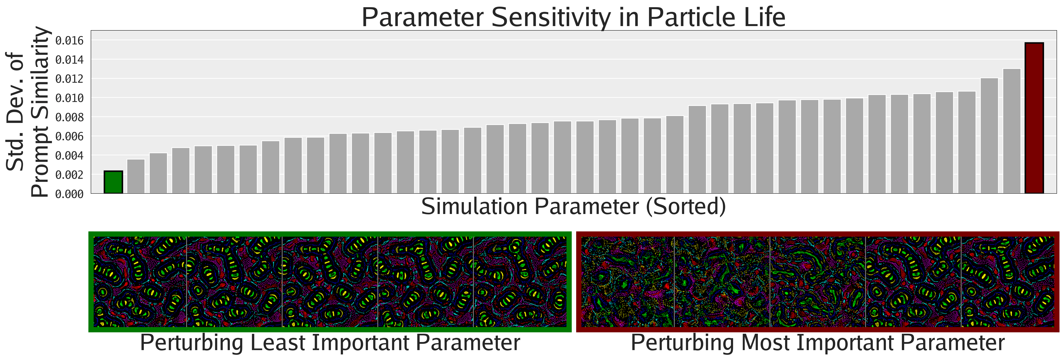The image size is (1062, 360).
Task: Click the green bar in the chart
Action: coord(113,182)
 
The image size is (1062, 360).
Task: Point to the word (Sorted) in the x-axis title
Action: coord(686,206)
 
